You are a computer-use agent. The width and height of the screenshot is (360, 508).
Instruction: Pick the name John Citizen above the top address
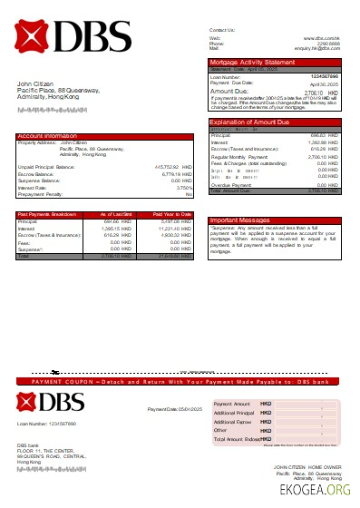(x=34, y=84)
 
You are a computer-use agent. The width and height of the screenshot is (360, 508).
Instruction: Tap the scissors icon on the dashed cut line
(x=55, y=372)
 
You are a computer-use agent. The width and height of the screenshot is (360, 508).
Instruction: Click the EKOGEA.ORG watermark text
(x=321, y=491)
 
